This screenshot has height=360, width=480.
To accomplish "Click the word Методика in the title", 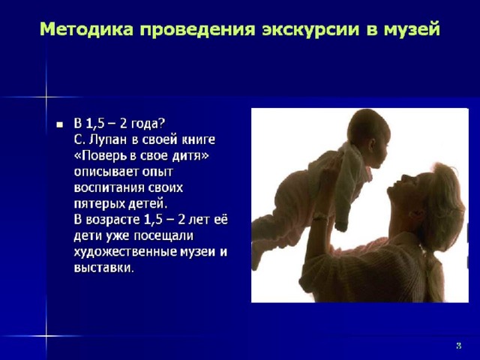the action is pyautogui.click(x=87, y=30).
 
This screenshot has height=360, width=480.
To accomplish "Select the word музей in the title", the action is pyautogui.click(x=412, y=30).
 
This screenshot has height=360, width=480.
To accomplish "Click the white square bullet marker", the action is pyautogui.click(x=59, y=125).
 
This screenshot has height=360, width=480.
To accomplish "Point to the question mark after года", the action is pyautogui.click(x=162, y=123).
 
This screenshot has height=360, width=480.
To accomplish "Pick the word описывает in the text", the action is pyautogui.click(x=106, y=172).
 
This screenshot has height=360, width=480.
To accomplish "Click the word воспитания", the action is pyautogui.click(x=109, y=187).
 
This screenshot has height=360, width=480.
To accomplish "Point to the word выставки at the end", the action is pyautogui.click(x=103, y=268).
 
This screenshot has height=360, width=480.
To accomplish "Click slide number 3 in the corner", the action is pyautogui.click(x=458, y=346).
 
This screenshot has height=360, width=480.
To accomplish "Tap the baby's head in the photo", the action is pyautogui.click(x=369, y=132).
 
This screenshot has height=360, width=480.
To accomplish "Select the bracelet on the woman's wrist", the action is pyautogui.click(x=320, y=217).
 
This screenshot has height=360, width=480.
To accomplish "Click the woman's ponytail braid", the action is pyautogui.click(x=434, y=275).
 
